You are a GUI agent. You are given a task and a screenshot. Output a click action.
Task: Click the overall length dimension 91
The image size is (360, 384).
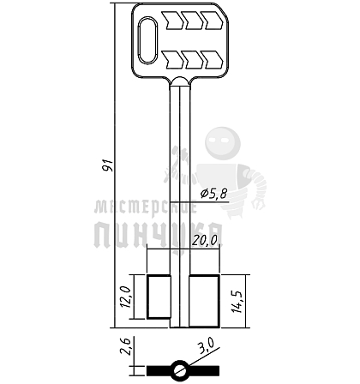click(109, 165)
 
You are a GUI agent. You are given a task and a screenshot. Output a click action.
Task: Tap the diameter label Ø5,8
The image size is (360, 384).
click(213, 194)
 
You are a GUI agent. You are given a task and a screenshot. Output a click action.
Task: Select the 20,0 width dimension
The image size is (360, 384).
click(205, 240)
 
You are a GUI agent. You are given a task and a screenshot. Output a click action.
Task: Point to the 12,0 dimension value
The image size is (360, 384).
click(126, 297)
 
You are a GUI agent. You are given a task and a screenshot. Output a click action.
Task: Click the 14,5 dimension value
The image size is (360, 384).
click(237, 302)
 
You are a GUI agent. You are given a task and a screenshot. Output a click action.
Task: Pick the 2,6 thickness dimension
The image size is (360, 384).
click(126, 346)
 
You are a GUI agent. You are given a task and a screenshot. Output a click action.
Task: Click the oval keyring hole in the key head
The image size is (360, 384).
click(147, 40)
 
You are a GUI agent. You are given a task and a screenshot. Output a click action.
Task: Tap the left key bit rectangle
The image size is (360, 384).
click(159, 297)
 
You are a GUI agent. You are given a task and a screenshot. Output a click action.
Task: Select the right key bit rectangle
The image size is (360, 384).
click(204, 301)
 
